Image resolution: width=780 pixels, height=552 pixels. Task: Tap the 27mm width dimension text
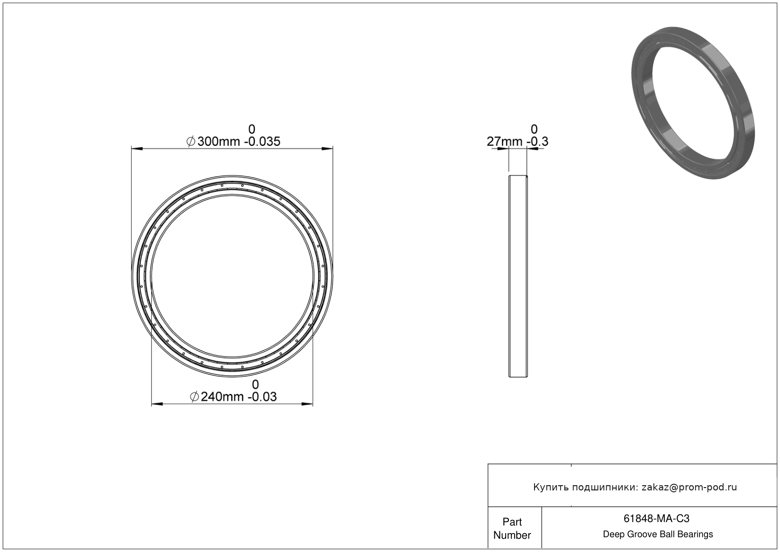tap(504, 142)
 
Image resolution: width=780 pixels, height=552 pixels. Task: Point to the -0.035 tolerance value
tap(262, 142)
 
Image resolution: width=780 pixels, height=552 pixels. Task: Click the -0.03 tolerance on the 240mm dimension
tap(262, 397)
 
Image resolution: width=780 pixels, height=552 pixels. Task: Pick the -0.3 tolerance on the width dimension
tap(537, 142)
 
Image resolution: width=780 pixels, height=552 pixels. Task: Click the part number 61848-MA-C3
tap(656, 518)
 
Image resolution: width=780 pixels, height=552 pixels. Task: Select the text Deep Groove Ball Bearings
tap(658, 534)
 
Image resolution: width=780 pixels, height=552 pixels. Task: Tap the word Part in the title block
tap(512, 522)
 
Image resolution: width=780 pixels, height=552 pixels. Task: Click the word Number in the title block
tap(512, 535)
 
